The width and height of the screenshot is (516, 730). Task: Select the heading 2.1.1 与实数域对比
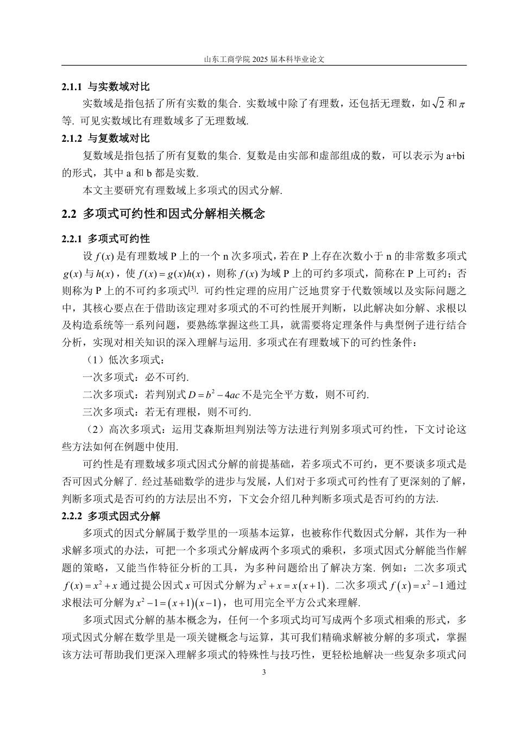click(106, 87)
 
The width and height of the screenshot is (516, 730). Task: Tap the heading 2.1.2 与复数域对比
click(106, 139)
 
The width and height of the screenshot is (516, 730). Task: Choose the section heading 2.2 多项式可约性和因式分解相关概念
click(163, 214)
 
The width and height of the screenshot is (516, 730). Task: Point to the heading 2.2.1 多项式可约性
click(106, 238)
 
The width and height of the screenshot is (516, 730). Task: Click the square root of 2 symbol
click(438, 103)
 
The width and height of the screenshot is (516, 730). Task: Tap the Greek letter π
click(462, 104)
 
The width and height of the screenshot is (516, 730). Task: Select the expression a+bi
click(456, 156)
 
